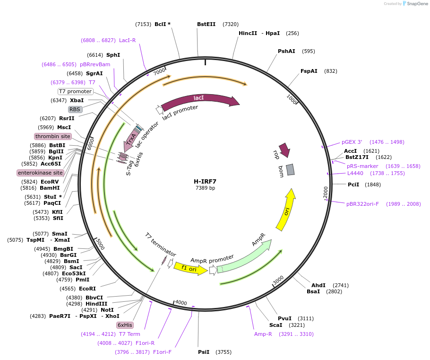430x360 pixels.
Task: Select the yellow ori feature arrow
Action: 286,210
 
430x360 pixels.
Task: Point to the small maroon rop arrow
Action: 284,150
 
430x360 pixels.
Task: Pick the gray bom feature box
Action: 290,169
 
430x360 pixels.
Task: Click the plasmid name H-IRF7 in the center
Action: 205,181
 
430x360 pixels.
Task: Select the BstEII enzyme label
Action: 206,24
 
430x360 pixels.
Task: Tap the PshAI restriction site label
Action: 286,51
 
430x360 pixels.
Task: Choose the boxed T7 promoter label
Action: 76,91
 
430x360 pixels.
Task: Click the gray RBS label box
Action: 75,109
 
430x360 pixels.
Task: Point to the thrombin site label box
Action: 53,136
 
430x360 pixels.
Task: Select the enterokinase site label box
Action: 41,173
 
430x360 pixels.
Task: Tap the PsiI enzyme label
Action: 204,352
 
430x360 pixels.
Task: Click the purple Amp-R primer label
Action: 263,334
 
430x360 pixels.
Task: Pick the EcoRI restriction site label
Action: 87,289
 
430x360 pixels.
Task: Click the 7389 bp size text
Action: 205,188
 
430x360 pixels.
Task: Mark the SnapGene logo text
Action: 414,3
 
